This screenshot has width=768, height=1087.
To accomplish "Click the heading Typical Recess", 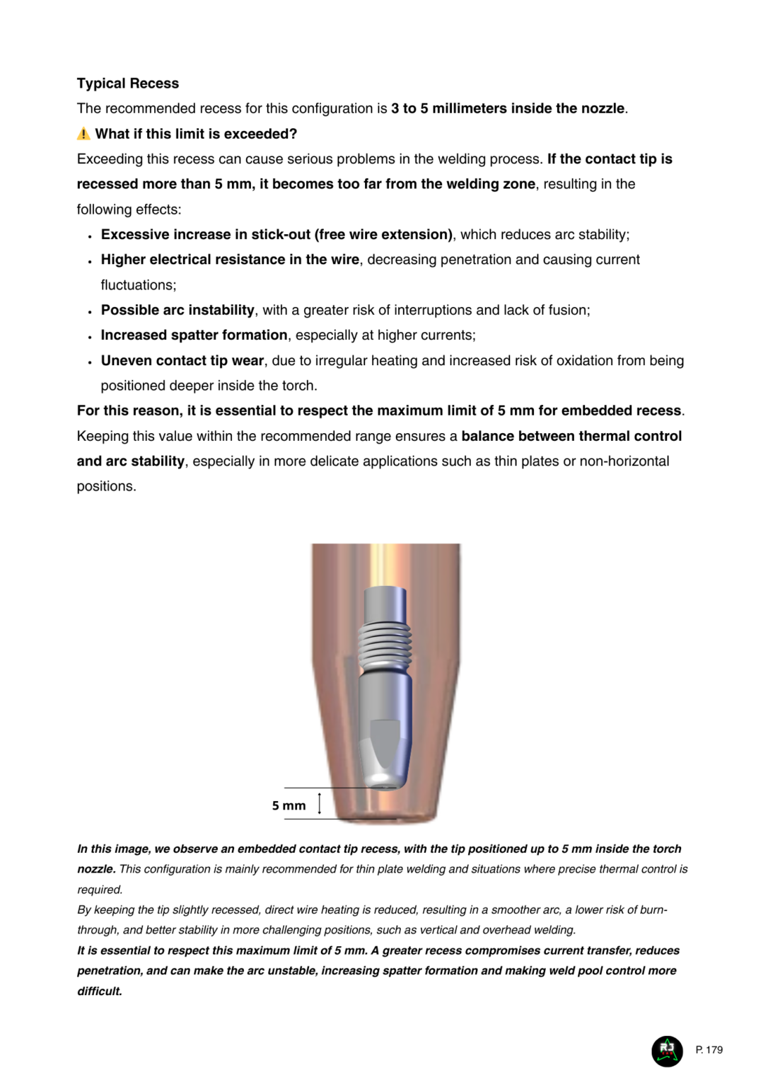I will click(x=127, y=84).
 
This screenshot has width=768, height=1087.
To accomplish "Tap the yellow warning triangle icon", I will click(x=83, y=134).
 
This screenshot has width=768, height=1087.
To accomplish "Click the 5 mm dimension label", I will click(x=289, y=805).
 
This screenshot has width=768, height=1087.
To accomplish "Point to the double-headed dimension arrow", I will click(x=320, y=803).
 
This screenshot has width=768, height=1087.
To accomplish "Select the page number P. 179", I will click(x=709, y=1049).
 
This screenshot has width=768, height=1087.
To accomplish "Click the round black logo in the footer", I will click(x=667, y=1050).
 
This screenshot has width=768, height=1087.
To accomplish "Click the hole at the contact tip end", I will click(x=384, y=783).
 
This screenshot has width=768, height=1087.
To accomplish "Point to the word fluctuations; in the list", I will click(x=138, y=284).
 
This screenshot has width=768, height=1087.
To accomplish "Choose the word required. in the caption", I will click(x=100, y=890).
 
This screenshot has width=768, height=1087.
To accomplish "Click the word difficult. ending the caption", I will click(x=100, y=991).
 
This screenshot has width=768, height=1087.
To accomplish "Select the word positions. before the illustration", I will click(x=106, y=486).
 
